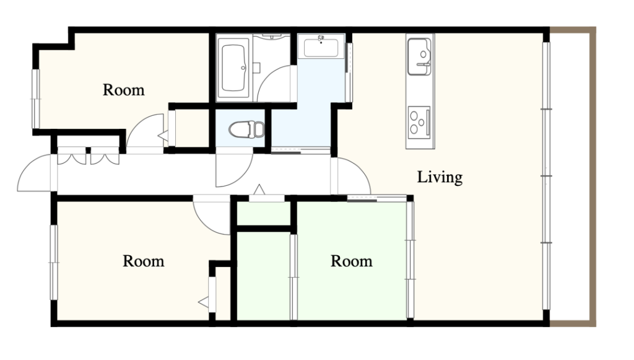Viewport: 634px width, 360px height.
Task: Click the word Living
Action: coord(440,177)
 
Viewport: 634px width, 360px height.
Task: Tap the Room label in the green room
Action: coord(352,261)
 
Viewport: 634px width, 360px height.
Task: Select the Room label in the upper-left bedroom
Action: coord(123,90)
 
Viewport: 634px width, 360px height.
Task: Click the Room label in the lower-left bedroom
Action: coord(143,261)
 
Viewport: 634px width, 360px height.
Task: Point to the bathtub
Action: coord(233,68)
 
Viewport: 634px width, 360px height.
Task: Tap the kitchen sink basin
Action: coord(419,56)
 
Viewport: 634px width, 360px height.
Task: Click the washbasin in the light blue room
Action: coord(321,47)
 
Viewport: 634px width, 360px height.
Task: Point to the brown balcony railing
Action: coord(593,177)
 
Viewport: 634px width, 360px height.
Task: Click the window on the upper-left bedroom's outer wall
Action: coord(35,99)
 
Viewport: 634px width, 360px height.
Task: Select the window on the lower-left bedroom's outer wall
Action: coord(54,262)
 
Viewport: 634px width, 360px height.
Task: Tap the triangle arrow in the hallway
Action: coord(259,190)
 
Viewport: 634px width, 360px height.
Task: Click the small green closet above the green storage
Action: coord(263,213)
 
